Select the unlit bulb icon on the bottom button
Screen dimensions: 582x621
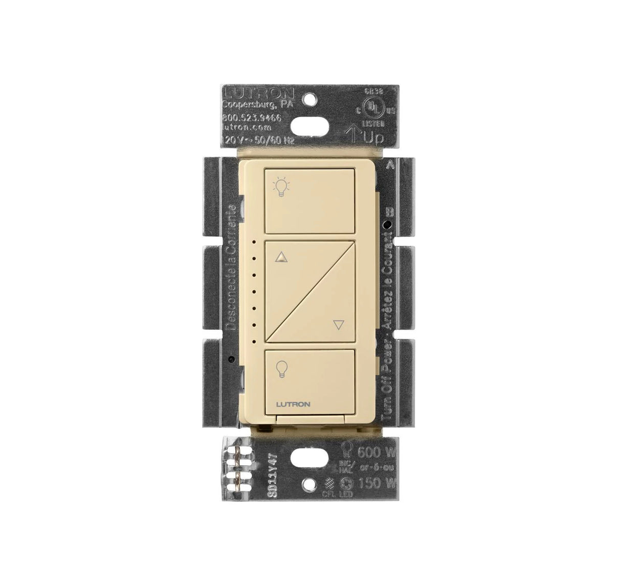coord(280,369)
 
